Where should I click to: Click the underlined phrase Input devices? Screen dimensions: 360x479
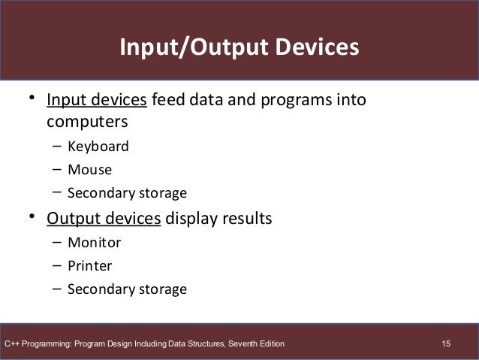[98, 100]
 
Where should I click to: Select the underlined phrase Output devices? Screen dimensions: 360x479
[104, 219]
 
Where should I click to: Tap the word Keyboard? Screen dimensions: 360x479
[98, 146]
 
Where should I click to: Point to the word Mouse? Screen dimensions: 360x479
[89, 169]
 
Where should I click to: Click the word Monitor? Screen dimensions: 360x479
[94, 243]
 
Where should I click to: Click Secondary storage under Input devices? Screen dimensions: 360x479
[127, 193]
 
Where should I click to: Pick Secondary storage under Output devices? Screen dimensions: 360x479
[127, 289]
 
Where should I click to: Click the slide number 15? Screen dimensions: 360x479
[447, 344]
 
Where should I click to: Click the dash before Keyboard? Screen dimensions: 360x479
[57, 146]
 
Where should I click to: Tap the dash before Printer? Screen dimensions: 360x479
[57, 265]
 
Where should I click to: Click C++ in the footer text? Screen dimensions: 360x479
[13, 344]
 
